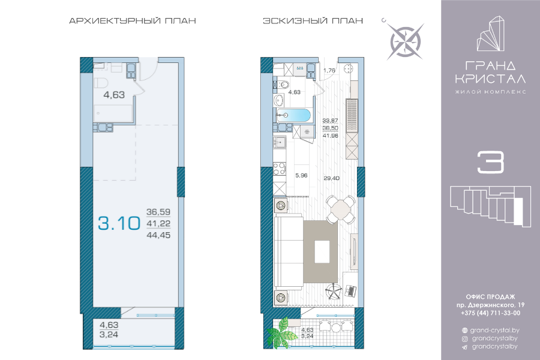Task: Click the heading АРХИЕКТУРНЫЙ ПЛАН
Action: coord(133,20)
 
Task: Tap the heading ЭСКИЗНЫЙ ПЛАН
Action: coord(313,20)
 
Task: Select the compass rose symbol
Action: coord(406,41)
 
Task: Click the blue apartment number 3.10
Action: coord(119,223)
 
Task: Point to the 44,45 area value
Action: coord(158,235)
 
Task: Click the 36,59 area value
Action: coord(158,212)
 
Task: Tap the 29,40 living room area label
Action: coord(331,178)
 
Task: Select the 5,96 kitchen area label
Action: coord(301,175)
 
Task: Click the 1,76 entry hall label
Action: coord(329,70)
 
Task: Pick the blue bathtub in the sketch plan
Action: coord(293,115)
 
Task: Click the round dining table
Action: coord(341,209)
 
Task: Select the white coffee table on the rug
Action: coord(322,251)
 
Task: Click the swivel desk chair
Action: coord(334,292)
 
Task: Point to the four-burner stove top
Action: coord(279,169)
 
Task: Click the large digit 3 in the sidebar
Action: coord(490,162)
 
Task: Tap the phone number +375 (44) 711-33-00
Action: coord(490,313)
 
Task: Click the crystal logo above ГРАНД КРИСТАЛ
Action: coord(490,34)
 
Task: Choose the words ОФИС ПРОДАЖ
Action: coord(490,296)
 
